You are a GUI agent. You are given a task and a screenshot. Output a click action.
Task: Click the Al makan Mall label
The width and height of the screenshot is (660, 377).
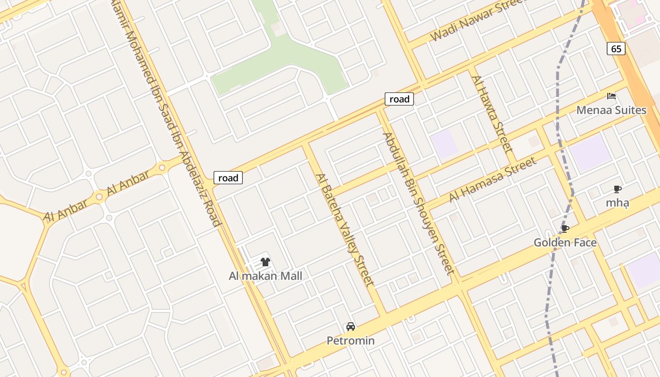pyautogui.click(x=265, y=276)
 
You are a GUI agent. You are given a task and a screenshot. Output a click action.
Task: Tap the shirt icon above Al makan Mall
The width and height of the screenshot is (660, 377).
pyautogui.click(x=265, y=262)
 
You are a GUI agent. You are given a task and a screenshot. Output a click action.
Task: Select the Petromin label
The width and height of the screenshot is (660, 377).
pyautogui.click(x=351, y=340)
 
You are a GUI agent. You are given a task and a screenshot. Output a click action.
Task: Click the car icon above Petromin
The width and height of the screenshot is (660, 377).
pyautogui.click(x=351, y=326)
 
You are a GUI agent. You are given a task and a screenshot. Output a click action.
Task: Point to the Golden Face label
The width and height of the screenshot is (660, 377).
pyautogui.click(x=565, y=243)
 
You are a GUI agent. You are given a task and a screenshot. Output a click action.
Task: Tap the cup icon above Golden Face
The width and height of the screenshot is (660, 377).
pyautogui.click(x=565, y=229)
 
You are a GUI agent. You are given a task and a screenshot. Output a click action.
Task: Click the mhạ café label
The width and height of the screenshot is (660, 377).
pyautogui.click(x=617, y=203)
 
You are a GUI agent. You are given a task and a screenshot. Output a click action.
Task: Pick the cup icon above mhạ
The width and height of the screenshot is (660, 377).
pyautogui.click(x=617, y=189)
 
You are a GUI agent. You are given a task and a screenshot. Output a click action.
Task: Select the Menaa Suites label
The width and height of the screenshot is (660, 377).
pyautogui.click(x=611, y=110)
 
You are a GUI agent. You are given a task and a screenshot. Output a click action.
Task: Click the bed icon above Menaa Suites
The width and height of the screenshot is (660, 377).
pyautogui.click(x=611, y=96)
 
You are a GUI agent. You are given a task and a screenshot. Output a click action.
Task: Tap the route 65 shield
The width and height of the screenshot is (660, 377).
pyautogui.click(x=616, y=49)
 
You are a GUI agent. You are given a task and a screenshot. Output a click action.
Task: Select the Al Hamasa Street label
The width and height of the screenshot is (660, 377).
pyautogui.click(x=493, y=180)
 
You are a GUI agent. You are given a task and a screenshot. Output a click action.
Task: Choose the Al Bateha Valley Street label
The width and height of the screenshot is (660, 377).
pyautogui.click(x=345, y=229)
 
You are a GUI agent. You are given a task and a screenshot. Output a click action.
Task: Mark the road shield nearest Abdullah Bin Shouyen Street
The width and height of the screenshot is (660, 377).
pyautogui.click(x=399, y=99)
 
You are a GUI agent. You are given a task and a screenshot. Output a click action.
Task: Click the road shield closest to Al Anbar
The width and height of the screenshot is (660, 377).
pyautogui.click(x=228, y=178)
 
